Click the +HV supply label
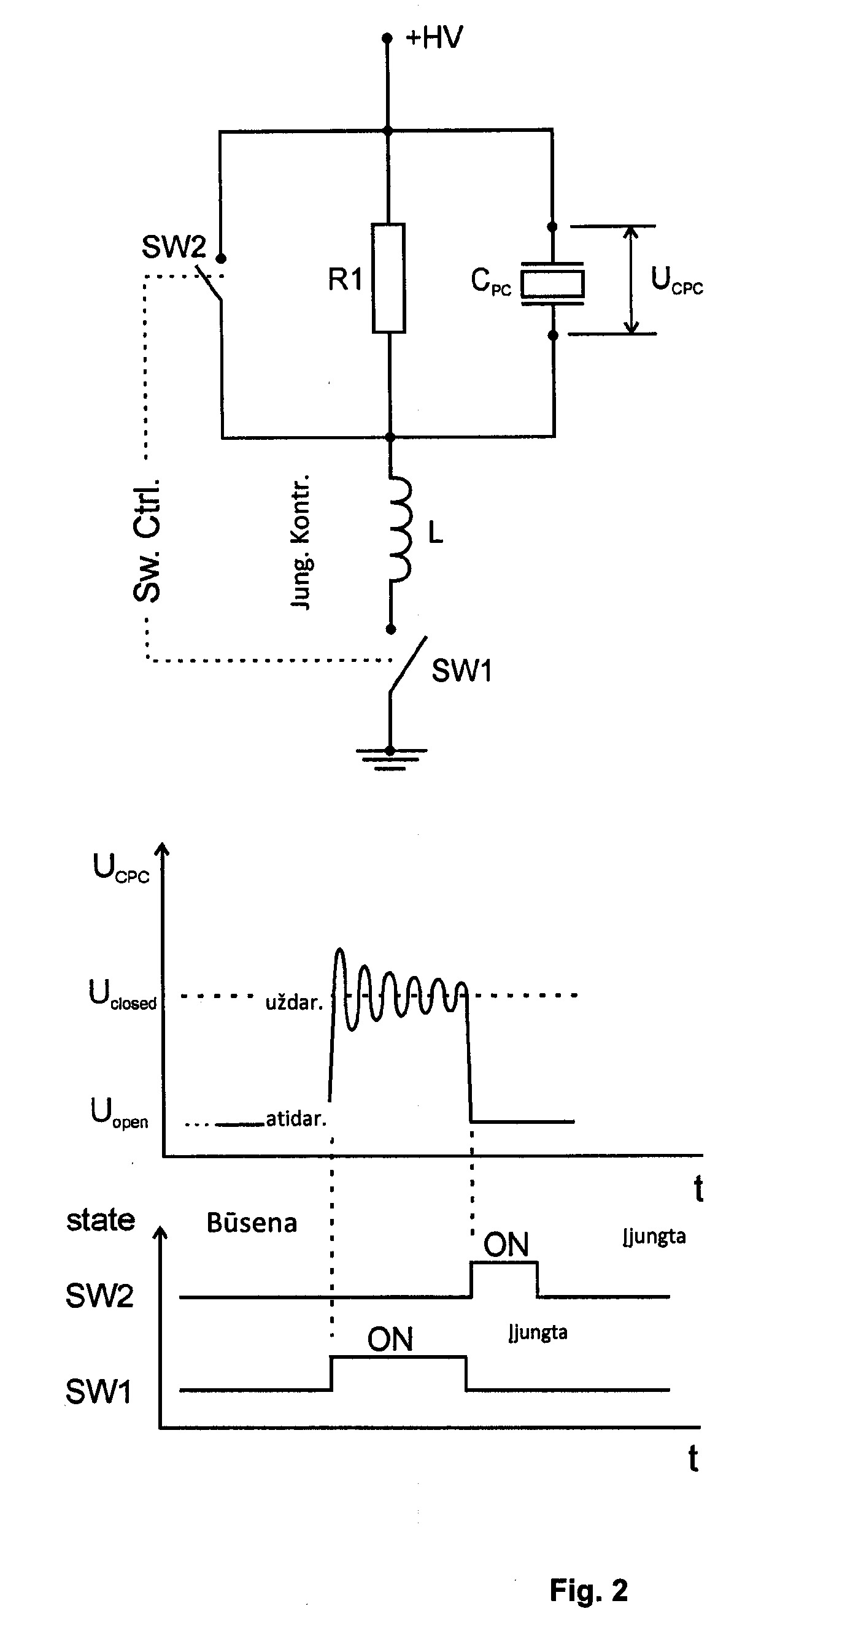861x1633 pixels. [434, 37]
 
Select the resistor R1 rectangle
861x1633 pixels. [388, 278]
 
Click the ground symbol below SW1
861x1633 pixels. [390, 759]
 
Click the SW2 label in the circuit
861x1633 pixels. [174, 247]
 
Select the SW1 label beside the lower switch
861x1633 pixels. [461, 670]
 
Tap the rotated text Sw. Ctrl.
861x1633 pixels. [147, 540]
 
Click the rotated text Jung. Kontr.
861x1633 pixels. [301, 542]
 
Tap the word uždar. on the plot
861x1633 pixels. [294, 1002]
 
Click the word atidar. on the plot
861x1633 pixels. [296, 1119]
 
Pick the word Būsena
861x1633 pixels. [252, 1223]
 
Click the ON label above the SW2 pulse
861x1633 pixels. [506, 1245]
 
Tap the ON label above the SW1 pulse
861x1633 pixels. [390, 1340]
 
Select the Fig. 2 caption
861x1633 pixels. [589, 1591]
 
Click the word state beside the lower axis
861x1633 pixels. [101, 1220]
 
